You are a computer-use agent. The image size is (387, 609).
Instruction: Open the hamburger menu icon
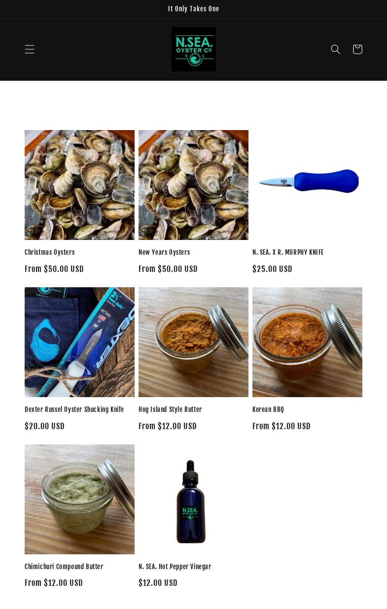coord(30,49)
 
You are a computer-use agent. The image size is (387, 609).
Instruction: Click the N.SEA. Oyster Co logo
coord(193,49)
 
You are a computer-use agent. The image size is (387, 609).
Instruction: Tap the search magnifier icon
coord(336,49)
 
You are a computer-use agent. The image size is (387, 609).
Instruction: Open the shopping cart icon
coord(357,49)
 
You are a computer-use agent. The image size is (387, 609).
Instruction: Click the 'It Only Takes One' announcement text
coord(193,9)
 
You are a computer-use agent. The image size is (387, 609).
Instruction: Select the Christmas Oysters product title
coord(50,252)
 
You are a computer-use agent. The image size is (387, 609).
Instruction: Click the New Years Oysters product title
coord(164,252)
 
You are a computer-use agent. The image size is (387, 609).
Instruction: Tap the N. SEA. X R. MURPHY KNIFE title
coord(288,252)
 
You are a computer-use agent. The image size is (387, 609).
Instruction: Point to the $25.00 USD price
coord(272,269)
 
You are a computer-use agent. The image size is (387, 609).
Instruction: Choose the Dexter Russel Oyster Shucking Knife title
coord(74,409)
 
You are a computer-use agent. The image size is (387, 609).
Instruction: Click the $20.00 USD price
coord(44,426)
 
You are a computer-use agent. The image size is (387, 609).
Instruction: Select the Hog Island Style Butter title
coord(170,409)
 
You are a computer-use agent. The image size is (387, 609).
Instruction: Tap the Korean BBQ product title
coord(268,409)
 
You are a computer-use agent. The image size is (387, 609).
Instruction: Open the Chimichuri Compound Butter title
coord(64,567)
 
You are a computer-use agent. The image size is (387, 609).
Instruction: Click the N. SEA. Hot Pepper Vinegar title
coord(175,567)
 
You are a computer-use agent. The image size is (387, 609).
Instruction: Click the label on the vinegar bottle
coord(190,512)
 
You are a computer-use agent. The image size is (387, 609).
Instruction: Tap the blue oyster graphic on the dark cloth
coord(47,340)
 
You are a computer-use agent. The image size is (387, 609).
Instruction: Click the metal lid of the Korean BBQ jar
coord(345,340)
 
